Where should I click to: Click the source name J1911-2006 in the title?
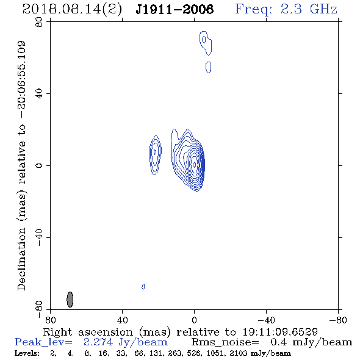tap(175, 9)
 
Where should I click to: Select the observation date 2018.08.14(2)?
tap(72, 10)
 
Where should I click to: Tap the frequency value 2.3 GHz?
tap(309, 9)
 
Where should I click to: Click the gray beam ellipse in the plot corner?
tap(70, 300)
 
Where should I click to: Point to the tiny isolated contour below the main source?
tap(143, 287)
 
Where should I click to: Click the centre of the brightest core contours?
tap(195, 164)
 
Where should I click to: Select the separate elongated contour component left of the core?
tap(155, 155)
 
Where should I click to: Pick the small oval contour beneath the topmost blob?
tap(208, 67)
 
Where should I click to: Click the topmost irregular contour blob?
tap(206, 43)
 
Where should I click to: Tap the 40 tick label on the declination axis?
tap(39, 94)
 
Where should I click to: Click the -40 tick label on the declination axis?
tap(39, 237)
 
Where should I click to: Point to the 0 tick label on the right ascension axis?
tap(194, 320)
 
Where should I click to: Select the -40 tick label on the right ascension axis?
tap(266, 320)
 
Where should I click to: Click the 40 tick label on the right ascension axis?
tap(123, 320)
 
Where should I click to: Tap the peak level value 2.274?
tap(98, 342)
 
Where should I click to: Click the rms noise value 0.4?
tap(279, 342)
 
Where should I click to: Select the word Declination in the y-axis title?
tap(21, 259)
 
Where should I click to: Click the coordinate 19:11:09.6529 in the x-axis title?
tap(280, 332)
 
